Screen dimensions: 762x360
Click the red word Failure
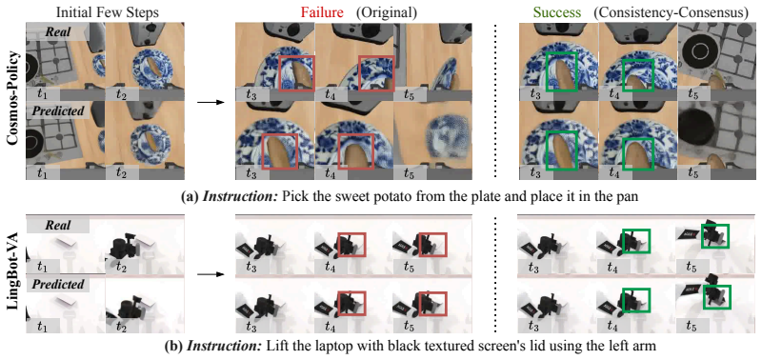tap(323, 11)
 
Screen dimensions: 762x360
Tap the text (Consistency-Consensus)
tap(671, 11)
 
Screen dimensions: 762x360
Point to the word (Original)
tap(388, 11)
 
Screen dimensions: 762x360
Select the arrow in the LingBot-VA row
tap(211, 274)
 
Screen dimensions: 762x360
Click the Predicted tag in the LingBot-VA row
tap(57, 283)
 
